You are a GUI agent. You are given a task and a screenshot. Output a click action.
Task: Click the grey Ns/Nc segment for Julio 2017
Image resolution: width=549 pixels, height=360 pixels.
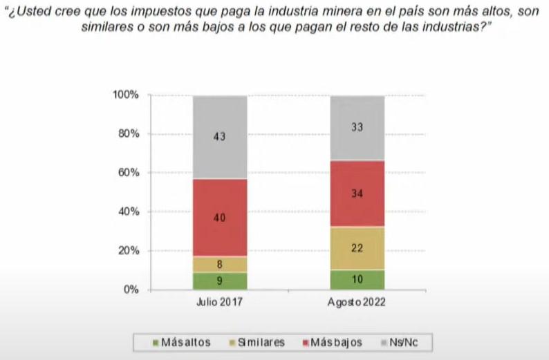point(220,137)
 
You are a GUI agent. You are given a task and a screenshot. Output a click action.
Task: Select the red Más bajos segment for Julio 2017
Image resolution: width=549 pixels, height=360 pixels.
point(220,217)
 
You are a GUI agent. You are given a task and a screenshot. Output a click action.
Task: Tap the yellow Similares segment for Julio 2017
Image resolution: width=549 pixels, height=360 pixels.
point(220,263)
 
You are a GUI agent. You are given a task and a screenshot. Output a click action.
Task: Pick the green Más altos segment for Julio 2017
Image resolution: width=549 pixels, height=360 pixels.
point(220,281)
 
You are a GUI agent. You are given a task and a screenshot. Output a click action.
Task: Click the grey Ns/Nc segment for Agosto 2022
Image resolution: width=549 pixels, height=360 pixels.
point(357,128)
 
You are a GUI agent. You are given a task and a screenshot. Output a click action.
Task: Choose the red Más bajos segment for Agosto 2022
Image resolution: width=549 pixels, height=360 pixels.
point(357,193)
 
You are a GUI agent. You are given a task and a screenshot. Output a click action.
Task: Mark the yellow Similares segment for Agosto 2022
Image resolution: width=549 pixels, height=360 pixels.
point(357,248)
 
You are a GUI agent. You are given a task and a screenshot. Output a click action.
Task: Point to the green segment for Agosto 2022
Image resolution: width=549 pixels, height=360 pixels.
point(357,279)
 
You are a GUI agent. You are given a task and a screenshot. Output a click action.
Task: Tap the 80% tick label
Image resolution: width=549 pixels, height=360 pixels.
point(129,133)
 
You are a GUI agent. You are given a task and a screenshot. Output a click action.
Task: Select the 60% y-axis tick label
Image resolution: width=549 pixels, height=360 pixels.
point(129,173)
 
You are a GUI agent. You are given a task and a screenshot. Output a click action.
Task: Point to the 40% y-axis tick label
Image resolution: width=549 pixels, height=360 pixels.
point(129,211)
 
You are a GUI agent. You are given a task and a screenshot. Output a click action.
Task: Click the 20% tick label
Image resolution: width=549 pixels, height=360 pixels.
point(129,250)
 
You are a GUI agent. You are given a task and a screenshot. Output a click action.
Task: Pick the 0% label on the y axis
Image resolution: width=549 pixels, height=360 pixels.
point(131,290)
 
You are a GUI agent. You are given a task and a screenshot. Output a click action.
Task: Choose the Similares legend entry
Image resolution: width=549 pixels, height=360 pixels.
point(257,342)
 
